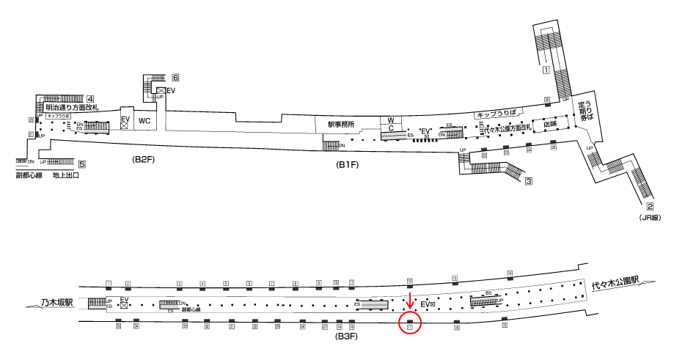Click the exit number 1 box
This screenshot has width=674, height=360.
click(x=546, y=71)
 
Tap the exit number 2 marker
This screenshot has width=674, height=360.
click(x=650, y=207)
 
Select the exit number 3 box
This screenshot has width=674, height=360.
click(x=527, y=181)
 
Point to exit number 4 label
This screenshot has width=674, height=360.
click(x=89, y=99)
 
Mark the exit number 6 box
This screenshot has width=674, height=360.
click(x=176, y=78)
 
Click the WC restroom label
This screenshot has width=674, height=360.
click(x=144, y=120)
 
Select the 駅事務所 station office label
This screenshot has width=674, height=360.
click(x=341, y=125)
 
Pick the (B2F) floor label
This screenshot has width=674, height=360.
click(x=142, y=159)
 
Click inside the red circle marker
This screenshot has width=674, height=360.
click(x=410, y=323)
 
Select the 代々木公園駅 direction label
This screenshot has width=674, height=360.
click(x=616, y=282)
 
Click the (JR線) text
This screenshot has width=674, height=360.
click(x=650, y=218)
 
